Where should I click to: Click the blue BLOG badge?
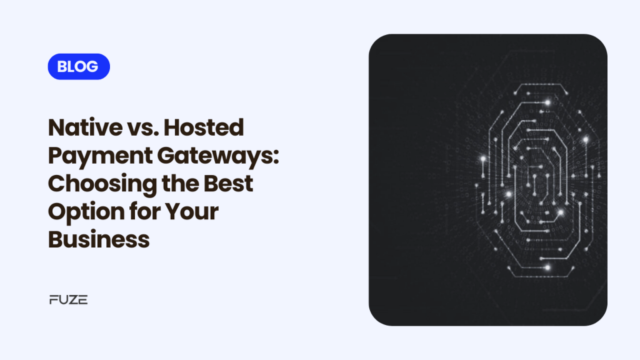(78, 67)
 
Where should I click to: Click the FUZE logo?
(68, 300)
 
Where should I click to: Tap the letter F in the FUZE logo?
(53, 300)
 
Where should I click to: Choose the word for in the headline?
(144, 212)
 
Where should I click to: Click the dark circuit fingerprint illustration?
(487, 179)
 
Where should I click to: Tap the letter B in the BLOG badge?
(61, 67)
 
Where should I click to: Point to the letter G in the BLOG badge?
(92, 67)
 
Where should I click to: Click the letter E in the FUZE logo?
(83, 300)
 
